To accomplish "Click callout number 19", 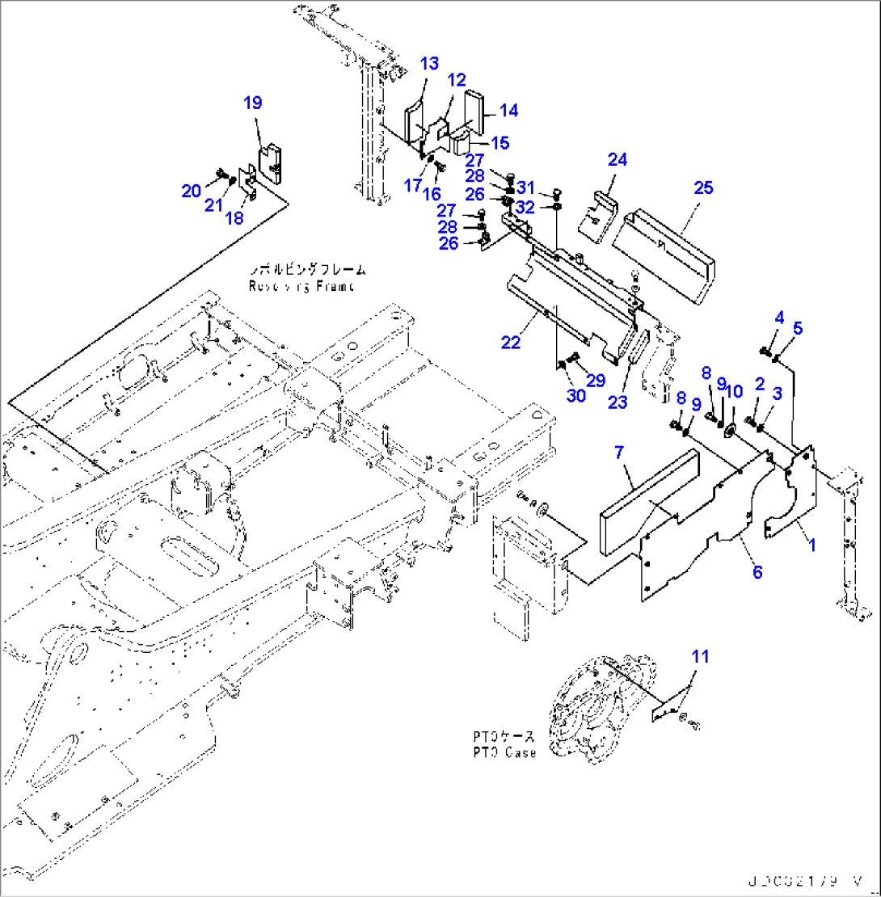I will (253, 103).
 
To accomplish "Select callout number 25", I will (703, 187).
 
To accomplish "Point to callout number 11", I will (699, 656).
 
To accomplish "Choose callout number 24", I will (618, 160).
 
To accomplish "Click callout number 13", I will (429, 64).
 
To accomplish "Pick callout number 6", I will (757, 572).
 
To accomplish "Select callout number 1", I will (811, 545).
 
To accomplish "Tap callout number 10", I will (733, 392).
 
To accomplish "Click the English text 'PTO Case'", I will (504, 752).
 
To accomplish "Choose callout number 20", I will (190, 191).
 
